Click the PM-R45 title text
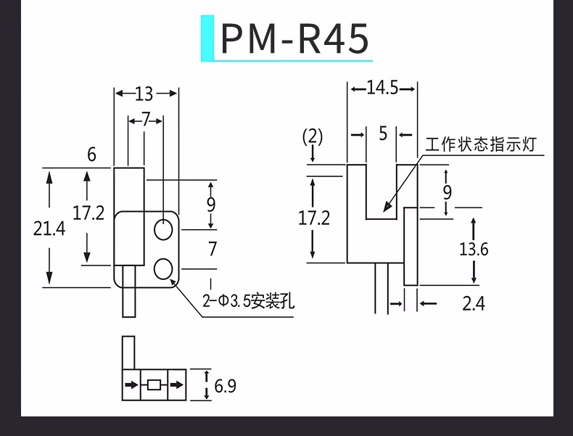tap(294, 39)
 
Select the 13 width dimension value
tap(144, 94)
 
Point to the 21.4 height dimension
tap(49, 229)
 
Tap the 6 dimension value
tap(91, 155)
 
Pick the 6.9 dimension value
tap(225, 385)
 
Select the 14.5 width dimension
tap(382, 89)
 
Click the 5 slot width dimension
tap(383, 134)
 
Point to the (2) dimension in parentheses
tap(313, 136)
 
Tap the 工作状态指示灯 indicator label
tap(480, 144)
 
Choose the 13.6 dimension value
tap(474, 250)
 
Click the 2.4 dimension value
tap(474, 303)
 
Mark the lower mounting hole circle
tap(165, 267)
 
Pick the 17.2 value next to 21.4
tap(88, 213)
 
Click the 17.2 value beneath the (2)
tap(314, 217)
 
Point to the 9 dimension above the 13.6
tap(447, 192)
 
